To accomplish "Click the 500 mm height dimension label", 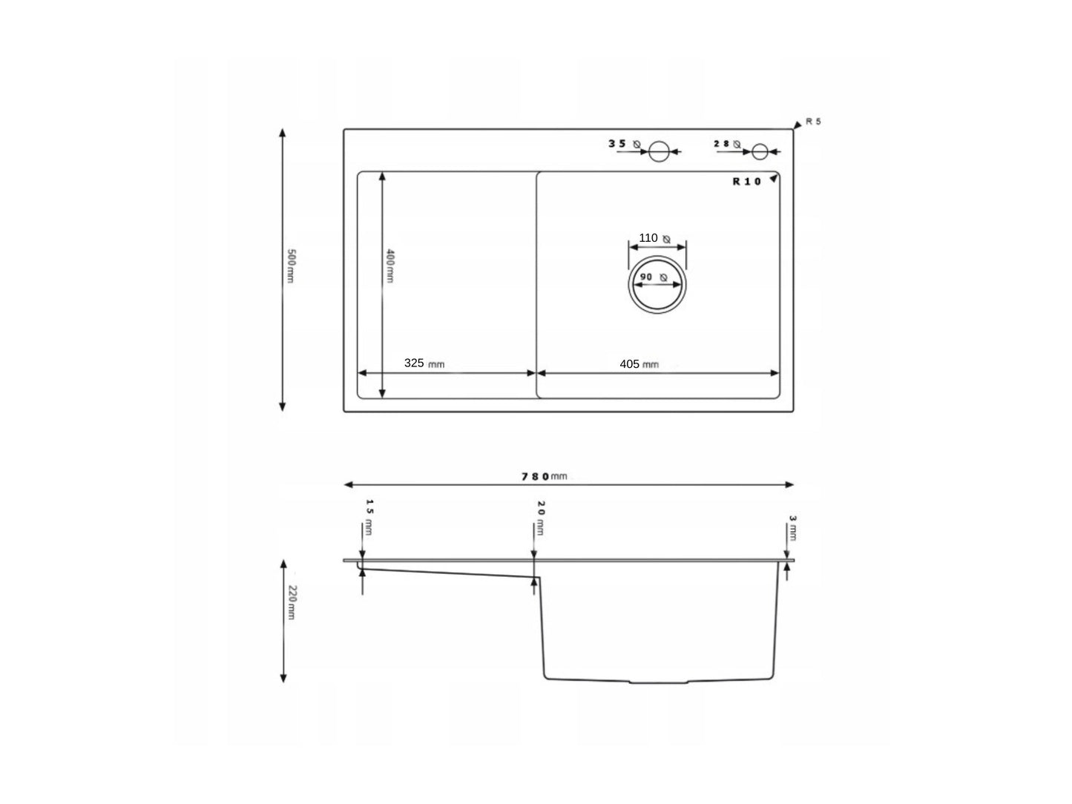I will tap(292, 268).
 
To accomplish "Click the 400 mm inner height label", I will tap(390, 266).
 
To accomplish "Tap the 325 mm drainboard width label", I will tap(424, 363).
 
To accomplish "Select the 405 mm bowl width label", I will tap(639, 364).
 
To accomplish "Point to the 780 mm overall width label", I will tap(544, 476).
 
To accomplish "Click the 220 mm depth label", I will tap(292, 602).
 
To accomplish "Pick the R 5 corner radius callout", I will tap(813, 122).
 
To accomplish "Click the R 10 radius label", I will tap(746, 182).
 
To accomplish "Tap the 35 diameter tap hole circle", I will tap(659, 151).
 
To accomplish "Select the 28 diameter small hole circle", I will tap(759, 151).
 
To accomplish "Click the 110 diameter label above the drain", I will tap(648, 238).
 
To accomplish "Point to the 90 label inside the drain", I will tap(645, 277).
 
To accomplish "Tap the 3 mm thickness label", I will tap(793, 527).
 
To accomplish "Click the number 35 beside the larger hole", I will tap(618, 143).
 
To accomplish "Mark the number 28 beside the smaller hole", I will tap(722, 143).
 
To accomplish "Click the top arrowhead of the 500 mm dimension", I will tap(282, 133).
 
